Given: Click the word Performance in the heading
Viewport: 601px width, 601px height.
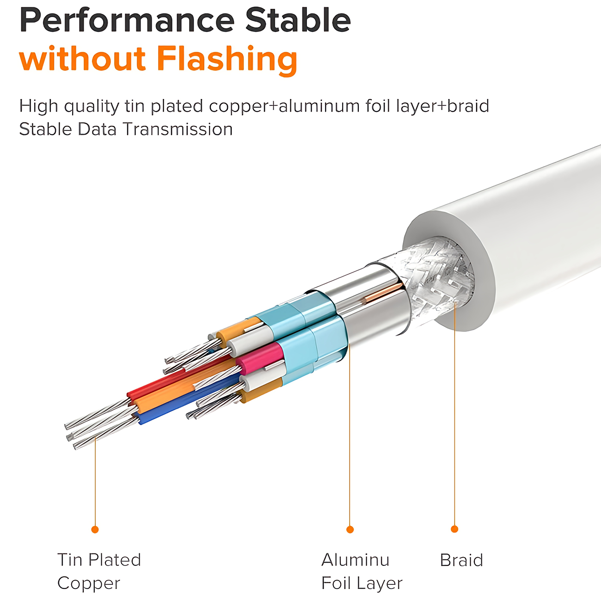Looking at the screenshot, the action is [x=127, y=21].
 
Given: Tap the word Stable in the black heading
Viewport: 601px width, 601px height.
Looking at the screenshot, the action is [x=298, y=19].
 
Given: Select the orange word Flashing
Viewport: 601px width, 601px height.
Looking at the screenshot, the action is [x=227, y=59].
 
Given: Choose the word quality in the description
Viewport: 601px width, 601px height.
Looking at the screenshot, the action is [x=92, y=106].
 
